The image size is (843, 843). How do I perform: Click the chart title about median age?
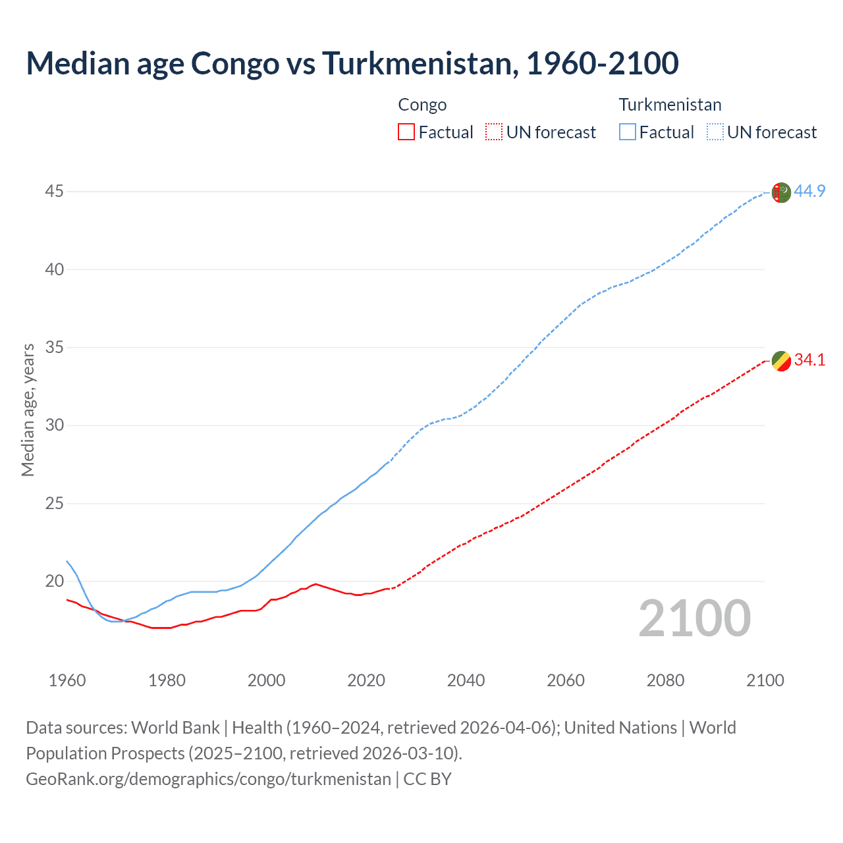coord(352,63)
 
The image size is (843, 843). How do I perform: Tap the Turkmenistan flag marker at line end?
coord(780,192)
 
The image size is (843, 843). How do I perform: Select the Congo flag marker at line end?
coord(780,361)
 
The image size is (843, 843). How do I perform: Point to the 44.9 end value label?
coord(809,192)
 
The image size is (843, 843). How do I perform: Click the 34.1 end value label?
coord(809,360)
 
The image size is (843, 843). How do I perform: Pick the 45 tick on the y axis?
coord(55,192)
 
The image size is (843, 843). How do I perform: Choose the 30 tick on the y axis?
coord(55,425)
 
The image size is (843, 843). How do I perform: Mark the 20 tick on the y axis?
coord(55,581)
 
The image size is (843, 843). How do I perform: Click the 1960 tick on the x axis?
coord(67,680)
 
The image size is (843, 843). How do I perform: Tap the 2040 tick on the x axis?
coord(466,680)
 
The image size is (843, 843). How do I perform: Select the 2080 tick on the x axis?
coord(665,680)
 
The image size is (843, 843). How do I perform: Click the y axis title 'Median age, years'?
coord(28,410)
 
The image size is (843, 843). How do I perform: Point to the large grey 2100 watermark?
coord(694,618)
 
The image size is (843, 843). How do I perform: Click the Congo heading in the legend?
coord(422,105)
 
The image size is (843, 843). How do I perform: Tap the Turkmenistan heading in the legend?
coord(670,105)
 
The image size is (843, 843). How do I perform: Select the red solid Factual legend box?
coord(406,132)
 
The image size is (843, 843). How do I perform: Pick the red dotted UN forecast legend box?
coord(494,132)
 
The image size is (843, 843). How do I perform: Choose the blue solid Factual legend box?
coord(627,132)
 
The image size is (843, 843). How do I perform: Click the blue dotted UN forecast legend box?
coord(715,132)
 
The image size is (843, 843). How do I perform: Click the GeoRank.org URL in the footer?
coord(208,779)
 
